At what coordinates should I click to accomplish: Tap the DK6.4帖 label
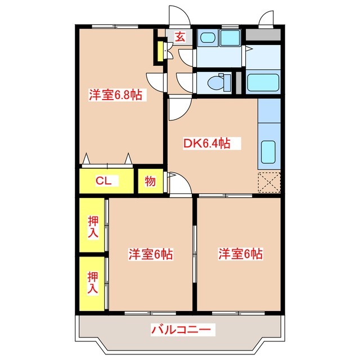click(x=206, y=143)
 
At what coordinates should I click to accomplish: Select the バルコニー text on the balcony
click(x=180, y=329)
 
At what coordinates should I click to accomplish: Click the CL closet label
click(x=103, y=181)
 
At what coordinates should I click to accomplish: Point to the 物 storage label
click(x=150, y=181)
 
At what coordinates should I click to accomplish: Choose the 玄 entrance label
click(x=179, y=38)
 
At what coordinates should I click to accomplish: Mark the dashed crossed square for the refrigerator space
click(x=268, y=181)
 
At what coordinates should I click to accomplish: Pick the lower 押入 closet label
click(x=93, y=282)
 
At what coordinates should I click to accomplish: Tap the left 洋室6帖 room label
click(x=150, y=254)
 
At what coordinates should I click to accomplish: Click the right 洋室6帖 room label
click(x=240, y=254)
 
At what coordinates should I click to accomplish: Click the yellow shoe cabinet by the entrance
click(x=160, y=51)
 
